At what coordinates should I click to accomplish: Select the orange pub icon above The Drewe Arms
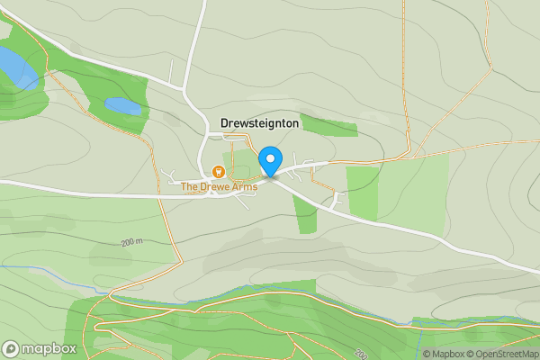[x=217, y=172]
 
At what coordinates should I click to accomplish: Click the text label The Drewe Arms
[x=219, y=187]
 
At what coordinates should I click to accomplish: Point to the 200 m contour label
[x=131, y=243]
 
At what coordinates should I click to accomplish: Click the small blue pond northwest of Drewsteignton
[x=123, y=106]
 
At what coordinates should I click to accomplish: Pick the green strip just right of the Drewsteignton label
[x=328, y=125]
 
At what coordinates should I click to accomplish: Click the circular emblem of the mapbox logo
[x=12, y=348]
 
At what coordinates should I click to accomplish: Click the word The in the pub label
[x=189, y=187]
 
